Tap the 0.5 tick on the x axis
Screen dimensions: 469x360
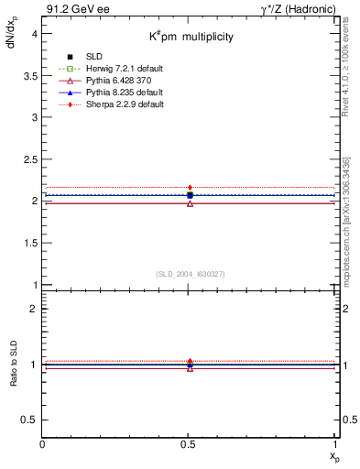(190, 442)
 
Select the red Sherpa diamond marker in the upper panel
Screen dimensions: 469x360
(190, 187)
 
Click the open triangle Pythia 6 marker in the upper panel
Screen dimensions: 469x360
(190, 202)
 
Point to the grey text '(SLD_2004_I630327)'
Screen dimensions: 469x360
(190, 274)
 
